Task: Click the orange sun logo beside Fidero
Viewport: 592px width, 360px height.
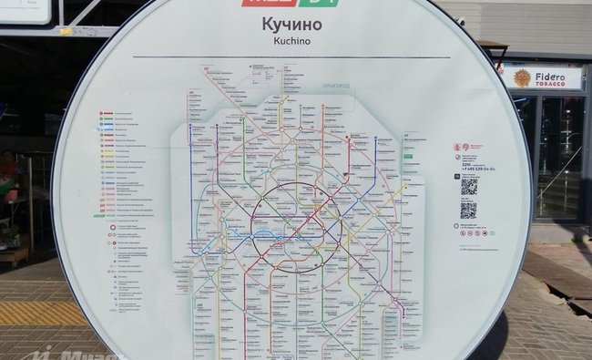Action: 522,78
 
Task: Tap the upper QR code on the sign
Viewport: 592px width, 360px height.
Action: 468,187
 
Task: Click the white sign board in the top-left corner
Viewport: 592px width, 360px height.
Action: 25,10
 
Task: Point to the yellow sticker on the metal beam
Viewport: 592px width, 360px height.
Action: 66,30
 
